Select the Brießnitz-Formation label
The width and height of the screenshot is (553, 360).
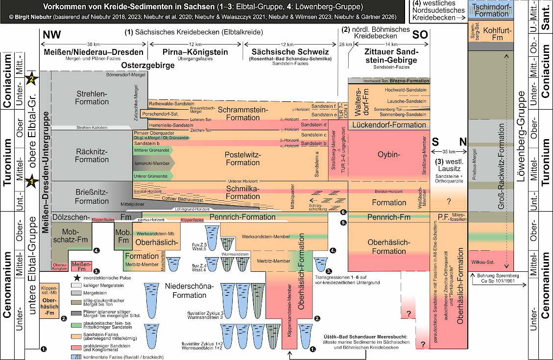(92, 197)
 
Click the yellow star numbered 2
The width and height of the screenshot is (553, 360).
(32, 78)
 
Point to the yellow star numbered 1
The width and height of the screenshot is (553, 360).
(32, 182)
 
